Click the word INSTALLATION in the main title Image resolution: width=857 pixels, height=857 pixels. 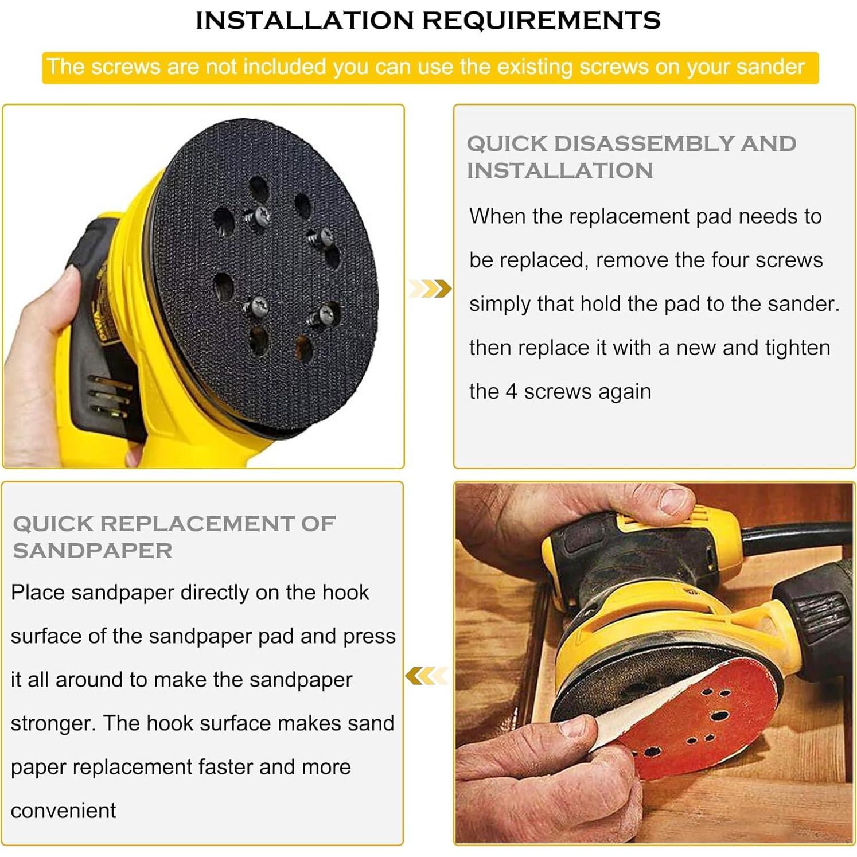(305, 21)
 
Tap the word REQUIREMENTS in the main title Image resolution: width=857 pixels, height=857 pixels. (542, 21)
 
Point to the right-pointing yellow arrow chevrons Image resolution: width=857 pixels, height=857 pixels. (430, 288)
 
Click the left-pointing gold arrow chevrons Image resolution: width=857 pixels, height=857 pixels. (426, 676)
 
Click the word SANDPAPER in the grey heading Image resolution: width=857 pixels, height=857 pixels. (92, 551)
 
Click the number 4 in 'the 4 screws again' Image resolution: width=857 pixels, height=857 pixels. (511, 392)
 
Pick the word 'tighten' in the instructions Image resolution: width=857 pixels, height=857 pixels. (797, 348)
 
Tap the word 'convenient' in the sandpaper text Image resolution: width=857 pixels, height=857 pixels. (63, 811)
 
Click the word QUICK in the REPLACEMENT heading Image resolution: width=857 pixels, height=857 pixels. (53, 524)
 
